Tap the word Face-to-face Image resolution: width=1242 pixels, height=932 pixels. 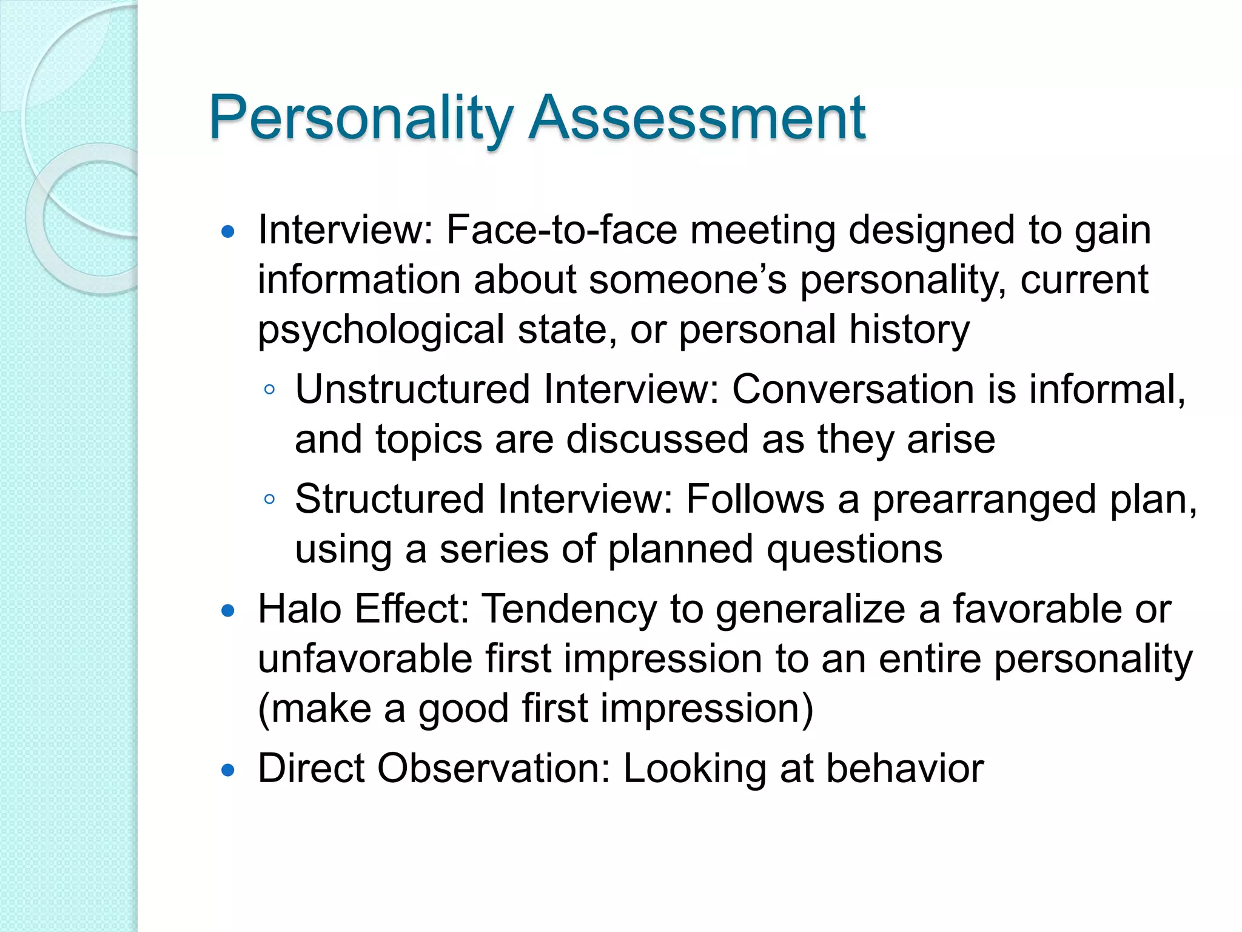(x=562, y=231)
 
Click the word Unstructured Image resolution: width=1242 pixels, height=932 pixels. (x=412, y=389)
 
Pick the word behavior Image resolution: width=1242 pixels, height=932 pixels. (x=905, y=769)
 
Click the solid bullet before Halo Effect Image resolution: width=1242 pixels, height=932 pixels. (x=228, y=611)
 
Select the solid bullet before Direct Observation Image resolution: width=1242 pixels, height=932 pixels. (x=228, y=771)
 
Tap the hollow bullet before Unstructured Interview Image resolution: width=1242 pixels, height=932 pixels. (x=270, y=390)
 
